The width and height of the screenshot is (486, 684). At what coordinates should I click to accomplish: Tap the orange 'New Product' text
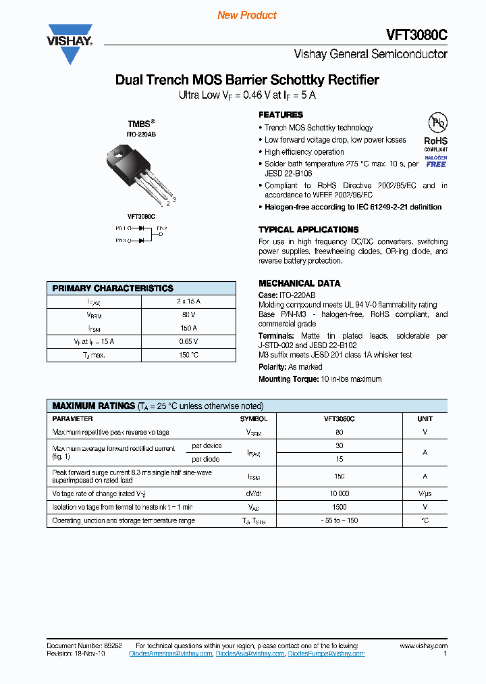[247, 15]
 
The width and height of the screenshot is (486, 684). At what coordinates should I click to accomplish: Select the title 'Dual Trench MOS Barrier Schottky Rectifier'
[247, 80]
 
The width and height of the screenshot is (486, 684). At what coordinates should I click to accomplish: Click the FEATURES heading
[281, 115]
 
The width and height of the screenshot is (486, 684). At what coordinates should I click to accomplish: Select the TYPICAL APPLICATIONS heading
[308, 230]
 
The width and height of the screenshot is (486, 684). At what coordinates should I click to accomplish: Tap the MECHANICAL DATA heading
[299, 283]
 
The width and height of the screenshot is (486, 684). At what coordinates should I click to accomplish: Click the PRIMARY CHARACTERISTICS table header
[113, 288]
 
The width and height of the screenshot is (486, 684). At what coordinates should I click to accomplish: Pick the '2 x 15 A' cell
[189, 301]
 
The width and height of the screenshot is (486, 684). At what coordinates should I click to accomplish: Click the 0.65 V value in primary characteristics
[189, 341]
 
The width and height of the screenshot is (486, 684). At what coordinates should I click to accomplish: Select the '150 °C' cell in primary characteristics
[189, 355]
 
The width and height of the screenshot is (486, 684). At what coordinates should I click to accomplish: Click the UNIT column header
[425, 419]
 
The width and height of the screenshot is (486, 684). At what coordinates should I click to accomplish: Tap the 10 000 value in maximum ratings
[339, 493]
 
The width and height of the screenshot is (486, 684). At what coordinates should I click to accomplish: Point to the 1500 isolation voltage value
[339, 507]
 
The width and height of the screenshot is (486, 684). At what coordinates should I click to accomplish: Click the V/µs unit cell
[425, 493]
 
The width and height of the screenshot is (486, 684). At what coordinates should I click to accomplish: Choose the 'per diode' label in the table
[207, 459]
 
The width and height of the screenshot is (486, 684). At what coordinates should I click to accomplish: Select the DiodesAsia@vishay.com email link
[250, 654]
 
